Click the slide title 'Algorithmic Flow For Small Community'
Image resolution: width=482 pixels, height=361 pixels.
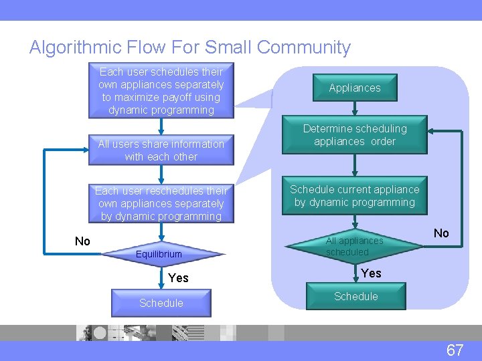pos(189,47)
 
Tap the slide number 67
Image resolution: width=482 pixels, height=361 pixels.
pos(455,350)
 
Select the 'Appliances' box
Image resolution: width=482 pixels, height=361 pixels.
pos(354,88)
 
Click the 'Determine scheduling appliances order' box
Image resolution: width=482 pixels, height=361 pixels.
pos(354,135)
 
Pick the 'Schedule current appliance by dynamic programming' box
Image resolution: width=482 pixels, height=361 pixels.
pos(354,196)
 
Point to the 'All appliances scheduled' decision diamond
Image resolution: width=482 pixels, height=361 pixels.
pos(354,247)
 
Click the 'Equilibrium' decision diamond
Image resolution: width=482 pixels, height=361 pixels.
pos(159,254)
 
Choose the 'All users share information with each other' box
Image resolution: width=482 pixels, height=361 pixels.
pos(161,150)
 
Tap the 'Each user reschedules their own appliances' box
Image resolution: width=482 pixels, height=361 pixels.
pos(161,203)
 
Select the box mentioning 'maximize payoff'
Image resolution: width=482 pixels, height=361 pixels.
pos(161,91)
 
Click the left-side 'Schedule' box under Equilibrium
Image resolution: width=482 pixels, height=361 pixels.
pos(161,303)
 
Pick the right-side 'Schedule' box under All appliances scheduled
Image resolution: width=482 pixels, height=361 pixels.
pos(355,296)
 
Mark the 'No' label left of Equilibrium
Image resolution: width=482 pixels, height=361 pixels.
pos(82,241)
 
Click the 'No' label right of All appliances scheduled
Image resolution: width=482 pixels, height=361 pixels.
pos(441,233)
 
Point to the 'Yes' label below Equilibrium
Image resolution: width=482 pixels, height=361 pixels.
pos(178,278)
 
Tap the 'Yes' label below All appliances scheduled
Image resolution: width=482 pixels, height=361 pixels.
pos(371,273)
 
